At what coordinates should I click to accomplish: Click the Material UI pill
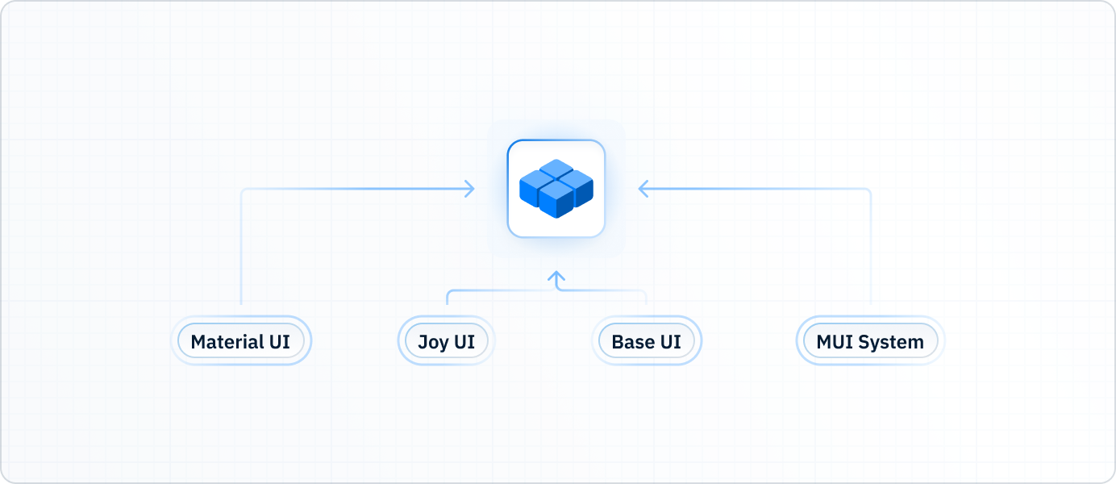coord(240,341)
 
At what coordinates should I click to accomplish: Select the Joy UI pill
coord(446,341)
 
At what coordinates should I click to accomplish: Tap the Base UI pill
coord(646,341)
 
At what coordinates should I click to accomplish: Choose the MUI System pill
coord(870,341)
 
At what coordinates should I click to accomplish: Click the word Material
coord(226,341)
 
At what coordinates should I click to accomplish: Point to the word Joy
coord(433,342)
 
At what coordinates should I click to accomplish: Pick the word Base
coord(632,341)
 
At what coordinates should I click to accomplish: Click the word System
coord(891,342)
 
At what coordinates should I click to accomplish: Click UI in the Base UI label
coord(670,341)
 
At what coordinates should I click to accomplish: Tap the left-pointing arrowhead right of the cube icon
coord(643,189)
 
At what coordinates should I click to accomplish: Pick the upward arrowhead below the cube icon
coord(556,277)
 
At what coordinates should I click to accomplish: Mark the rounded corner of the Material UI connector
coord(244,191)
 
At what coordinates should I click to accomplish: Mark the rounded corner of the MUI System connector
coord(868,191)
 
